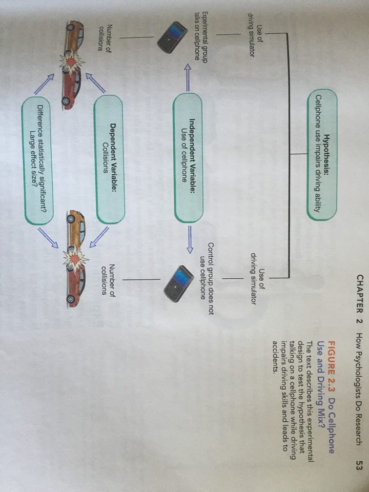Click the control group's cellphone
176,284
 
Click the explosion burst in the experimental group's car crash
72,61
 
